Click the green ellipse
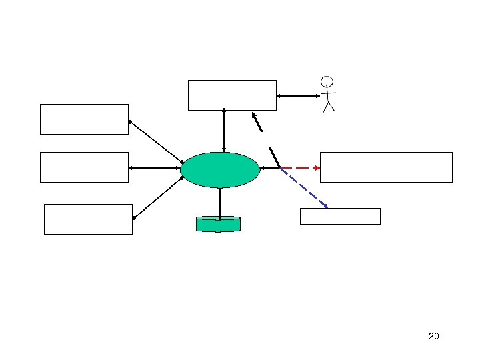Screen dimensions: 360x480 (220, 170)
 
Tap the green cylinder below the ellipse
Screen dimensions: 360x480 (218, 224)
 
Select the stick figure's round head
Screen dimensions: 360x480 (327, 83)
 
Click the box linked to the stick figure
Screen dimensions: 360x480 (232, 95)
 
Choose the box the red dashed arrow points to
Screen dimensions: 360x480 (386, 167)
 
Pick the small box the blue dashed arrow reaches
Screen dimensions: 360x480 (340, 216)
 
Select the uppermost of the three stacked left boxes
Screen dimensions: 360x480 (84, 119)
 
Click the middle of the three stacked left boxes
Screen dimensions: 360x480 (84, 167)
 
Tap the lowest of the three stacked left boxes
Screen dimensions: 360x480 (88, 219)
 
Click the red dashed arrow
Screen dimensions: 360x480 (300, 167)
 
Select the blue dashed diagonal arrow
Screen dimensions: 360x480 (304, 188)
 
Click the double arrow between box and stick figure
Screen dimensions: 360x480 (298, 96)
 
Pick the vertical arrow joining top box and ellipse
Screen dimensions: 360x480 (224, 131)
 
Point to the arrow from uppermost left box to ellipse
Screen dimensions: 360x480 (155, 141)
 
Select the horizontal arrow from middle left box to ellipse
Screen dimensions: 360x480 (154, 167)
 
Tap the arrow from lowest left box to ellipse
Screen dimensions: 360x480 (157, 198)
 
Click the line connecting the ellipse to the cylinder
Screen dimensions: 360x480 (219, 201)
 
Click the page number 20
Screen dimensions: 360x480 (433, 336)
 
